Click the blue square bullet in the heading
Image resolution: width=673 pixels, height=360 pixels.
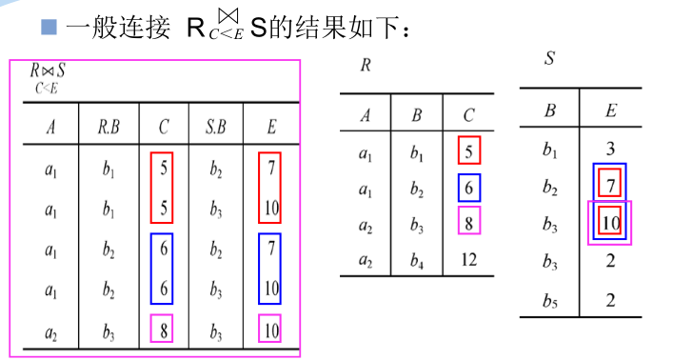(48, 27)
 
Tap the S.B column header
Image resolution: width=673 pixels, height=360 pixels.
(218, 128)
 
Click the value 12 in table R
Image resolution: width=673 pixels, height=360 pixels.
(468, 260)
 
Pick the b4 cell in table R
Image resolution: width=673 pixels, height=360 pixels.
(416, 260)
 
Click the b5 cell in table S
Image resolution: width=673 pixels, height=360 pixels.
(550, 300)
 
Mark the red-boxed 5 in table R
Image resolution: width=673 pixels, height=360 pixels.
(468, 150)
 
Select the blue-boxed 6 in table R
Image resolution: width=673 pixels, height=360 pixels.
(468, 188)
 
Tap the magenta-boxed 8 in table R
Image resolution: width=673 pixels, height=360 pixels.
(468, 224)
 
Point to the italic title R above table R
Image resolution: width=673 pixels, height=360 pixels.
(366, 66)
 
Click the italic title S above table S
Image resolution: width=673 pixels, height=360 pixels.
(549, 58)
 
